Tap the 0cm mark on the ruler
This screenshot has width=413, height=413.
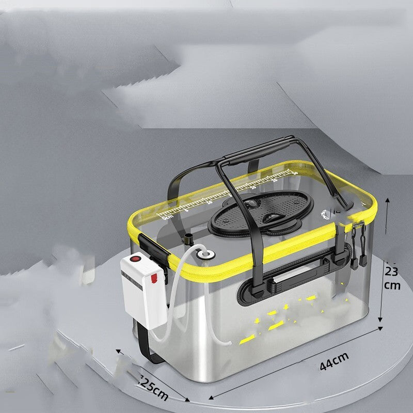click(x=167, y=217)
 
